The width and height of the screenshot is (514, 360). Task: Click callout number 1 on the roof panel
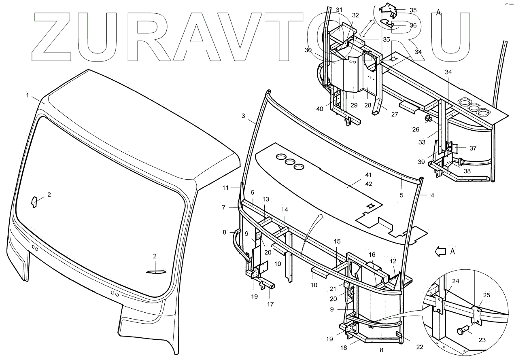(28, 95)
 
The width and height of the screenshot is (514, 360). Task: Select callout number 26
(416, 130)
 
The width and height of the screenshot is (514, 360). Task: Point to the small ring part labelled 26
(427, 119)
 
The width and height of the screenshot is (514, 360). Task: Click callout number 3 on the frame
(243, 116)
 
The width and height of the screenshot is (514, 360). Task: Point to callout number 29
(354, 105)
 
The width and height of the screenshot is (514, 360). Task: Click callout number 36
(413, 25)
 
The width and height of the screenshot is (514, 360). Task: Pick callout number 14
(285, 210)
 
